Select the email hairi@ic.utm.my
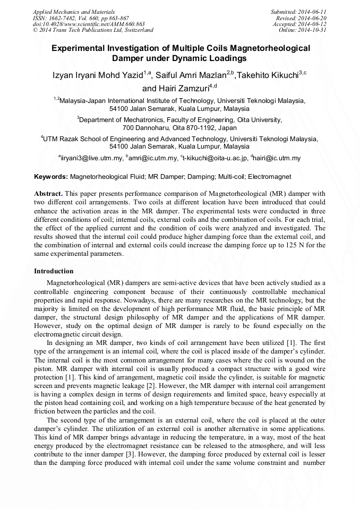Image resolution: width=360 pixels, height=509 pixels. (x=277, y=158)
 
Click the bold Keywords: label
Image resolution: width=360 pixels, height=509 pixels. (x=51, y=176)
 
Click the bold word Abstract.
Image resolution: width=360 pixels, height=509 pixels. (x=48, y=194)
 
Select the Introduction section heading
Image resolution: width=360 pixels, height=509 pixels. (x=54, y=271)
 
